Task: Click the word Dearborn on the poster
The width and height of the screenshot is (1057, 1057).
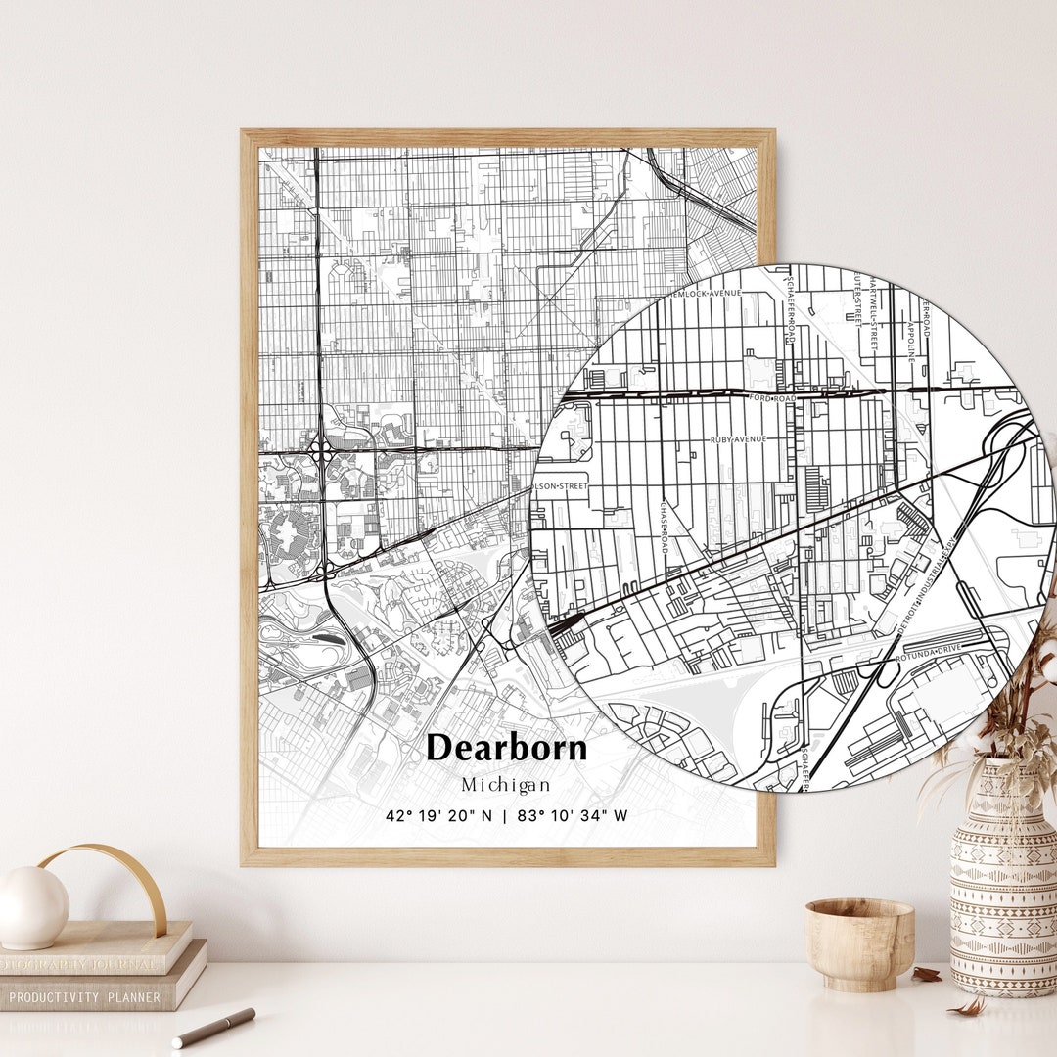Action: (507, 748)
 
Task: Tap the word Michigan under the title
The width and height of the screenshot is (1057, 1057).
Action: (506, 785)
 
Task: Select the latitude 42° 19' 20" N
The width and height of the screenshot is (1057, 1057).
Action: (439, 815)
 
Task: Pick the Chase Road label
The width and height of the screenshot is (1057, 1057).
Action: (663, 528)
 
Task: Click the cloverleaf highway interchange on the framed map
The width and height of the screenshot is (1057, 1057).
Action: (321, 453)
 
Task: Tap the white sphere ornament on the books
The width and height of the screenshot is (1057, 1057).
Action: (33, 907)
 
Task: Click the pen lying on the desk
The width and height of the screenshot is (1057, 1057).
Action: (213, 1027)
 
